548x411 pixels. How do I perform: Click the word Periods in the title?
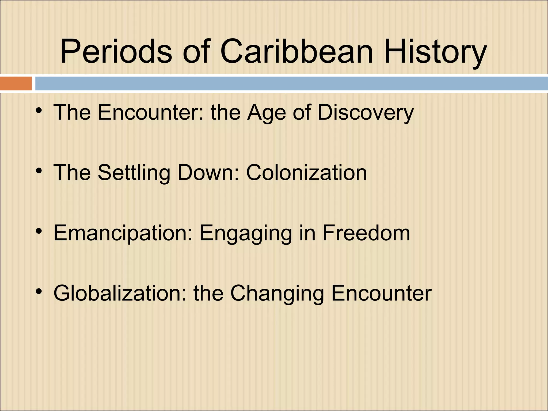click(x=116, y=51)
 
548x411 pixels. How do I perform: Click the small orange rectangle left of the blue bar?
click(x=16, y=83)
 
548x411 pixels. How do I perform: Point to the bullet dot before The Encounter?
click(x=39, y=110)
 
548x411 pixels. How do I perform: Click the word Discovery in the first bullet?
click(x=366, y=113)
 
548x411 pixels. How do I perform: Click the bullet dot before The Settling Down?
click(x=39, y=170)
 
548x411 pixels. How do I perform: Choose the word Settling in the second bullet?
click(x=134, y=173)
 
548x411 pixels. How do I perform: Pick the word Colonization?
click(x=306, y=173)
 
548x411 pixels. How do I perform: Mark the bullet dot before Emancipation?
click(x=39, y=231)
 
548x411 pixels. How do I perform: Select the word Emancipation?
click(x=123, y=233)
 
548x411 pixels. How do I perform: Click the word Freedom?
click(x=366, y=233)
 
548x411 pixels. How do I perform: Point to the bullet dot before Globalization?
click(x=39, y=291)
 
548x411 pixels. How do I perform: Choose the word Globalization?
click(x=120, y=293)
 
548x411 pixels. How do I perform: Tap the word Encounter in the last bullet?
click(x=381, y=293)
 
